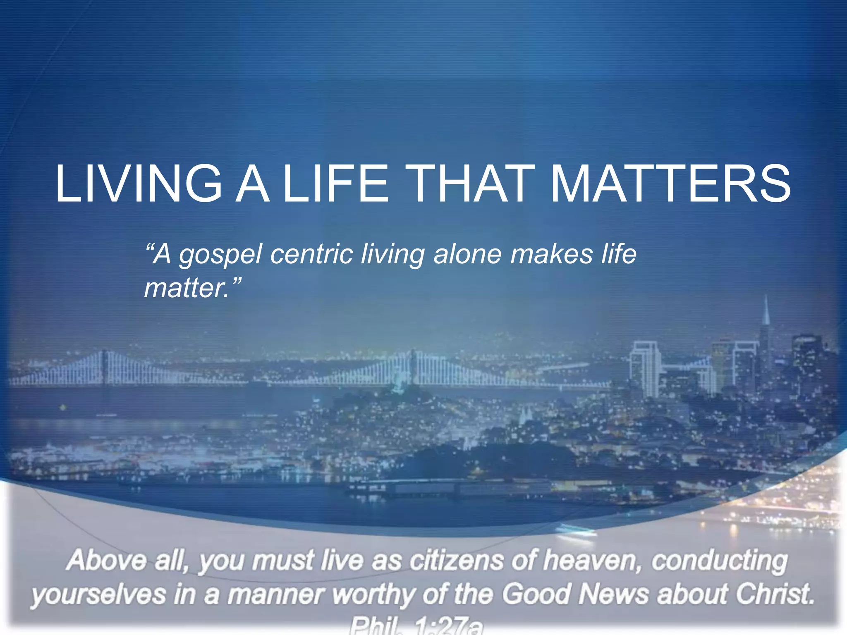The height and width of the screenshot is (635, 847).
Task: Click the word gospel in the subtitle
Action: [x=220, y=255]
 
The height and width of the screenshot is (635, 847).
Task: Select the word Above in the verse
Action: [x=107, y=561]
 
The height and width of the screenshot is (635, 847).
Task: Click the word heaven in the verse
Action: [x=591, y=561]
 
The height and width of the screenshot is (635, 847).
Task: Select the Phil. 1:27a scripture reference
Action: [x=416, y=627]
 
